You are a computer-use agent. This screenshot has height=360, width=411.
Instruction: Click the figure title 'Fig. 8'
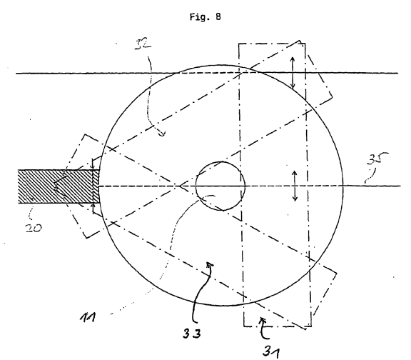205,17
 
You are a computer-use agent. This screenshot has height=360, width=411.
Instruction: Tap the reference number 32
143,44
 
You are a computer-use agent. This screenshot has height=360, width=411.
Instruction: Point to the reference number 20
34,228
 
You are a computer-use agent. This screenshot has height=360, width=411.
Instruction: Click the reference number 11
88,317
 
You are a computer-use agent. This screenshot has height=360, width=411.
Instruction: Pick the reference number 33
192,334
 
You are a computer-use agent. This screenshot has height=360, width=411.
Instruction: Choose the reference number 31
271,351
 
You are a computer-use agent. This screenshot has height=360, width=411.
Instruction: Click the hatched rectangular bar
59,186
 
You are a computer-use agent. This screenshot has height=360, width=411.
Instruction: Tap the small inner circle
220,186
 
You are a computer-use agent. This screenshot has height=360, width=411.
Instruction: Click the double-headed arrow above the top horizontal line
293,72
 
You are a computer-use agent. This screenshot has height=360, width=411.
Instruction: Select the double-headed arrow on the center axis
295,186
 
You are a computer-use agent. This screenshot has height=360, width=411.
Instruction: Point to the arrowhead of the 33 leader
209,264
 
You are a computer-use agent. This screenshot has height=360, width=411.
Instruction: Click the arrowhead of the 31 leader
262,320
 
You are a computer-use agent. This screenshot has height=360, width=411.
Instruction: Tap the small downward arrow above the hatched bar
92,164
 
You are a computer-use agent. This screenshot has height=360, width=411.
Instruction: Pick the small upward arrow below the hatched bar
93,209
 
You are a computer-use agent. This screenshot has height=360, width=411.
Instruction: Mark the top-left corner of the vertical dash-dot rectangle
239,44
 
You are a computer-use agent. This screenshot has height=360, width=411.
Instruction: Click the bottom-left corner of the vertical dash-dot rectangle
244,326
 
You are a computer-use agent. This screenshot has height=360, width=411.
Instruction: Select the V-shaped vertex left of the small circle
180,186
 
